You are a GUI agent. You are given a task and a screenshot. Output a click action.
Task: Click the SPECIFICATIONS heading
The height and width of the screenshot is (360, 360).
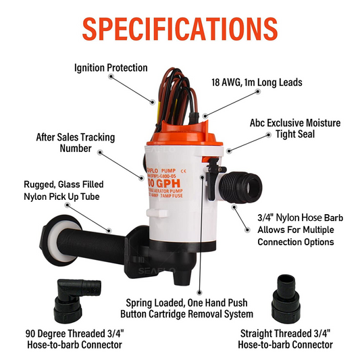point(180,28)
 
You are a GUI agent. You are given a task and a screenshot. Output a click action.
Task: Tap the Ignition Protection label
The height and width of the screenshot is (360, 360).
point(111,68)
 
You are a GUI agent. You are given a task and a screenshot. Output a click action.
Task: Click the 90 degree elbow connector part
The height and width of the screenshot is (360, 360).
point(71,297)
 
